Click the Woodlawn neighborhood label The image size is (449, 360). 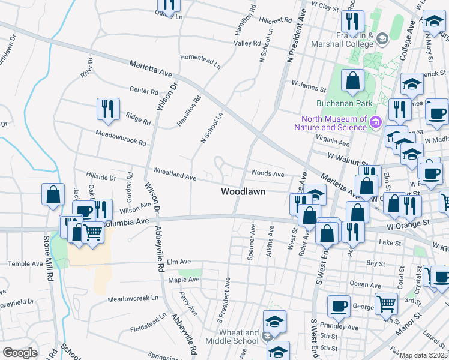coord(243,192)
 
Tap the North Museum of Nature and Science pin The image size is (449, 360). coord(376,122)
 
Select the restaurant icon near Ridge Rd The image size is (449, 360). coord(108,109)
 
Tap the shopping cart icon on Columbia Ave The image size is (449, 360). coord(92,232)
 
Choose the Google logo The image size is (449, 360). coord(20,353)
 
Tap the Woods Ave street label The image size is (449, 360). coord(268,173)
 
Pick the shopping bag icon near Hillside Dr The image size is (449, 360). coord(53,194)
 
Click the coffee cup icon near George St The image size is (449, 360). coord(339,306)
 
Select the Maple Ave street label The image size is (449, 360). coord(184,280)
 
